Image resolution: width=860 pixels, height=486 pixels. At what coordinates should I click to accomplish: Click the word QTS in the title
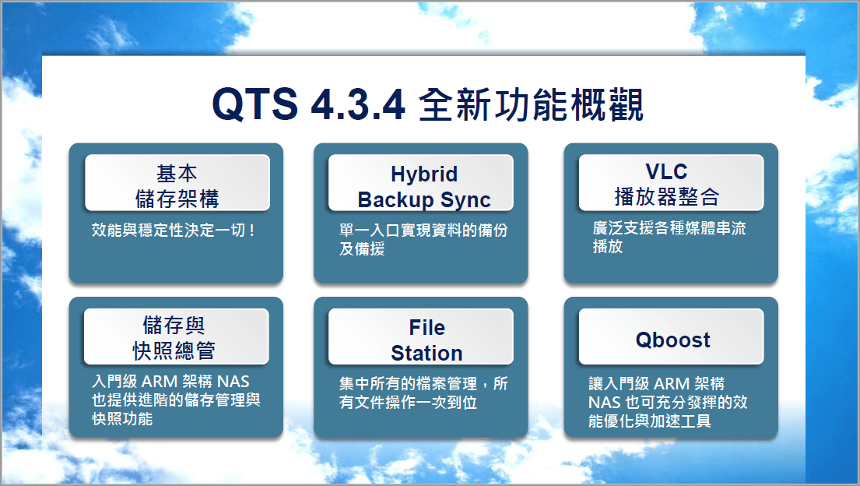255,104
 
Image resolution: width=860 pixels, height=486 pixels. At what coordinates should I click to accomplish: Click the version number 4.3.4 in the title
357,104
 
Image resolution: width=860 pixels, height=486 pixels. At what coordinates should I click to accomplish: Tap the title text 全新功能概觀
531,104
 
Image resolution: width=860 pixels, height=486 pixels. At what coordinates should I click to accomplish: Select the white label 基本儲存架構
177,183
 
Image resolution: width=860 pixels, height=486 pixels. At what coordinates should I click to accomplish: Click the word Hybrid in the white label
424,174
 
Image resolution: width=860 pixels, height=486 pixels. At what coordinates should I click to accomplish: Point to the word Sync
465,200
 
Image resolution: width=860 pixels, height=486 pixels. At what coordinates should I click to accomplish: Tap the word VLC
666,171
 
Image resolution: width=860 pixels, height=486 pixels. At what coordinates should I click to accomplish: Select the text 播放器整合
667,196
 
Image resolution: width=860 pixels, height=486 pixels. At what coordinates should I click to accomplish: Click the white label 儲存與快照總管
176,336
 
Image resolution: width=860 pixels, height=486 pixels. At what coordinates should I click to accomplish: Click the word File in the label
426,328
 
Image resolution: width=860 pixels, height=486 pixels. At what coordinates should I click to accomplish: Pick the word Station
426,353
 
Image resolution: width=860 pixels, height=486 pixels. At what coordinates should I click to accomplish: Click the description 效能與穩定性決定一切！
174,230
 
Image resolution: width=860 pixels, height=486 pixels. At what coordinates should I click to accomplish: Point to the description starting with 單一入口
423,239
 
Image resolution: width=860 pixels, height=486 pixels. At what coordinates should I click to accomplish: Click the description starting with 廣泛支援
669,238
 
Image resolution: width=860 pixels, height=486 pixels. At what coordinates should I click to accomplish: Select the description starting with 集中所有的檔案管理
423,393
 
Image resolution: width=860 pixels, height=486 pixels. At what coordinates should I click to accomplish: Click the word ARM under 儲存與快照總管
160,381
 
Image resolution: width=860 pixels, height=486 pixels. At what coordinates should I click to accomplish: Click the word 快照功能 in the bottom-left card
122,419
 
